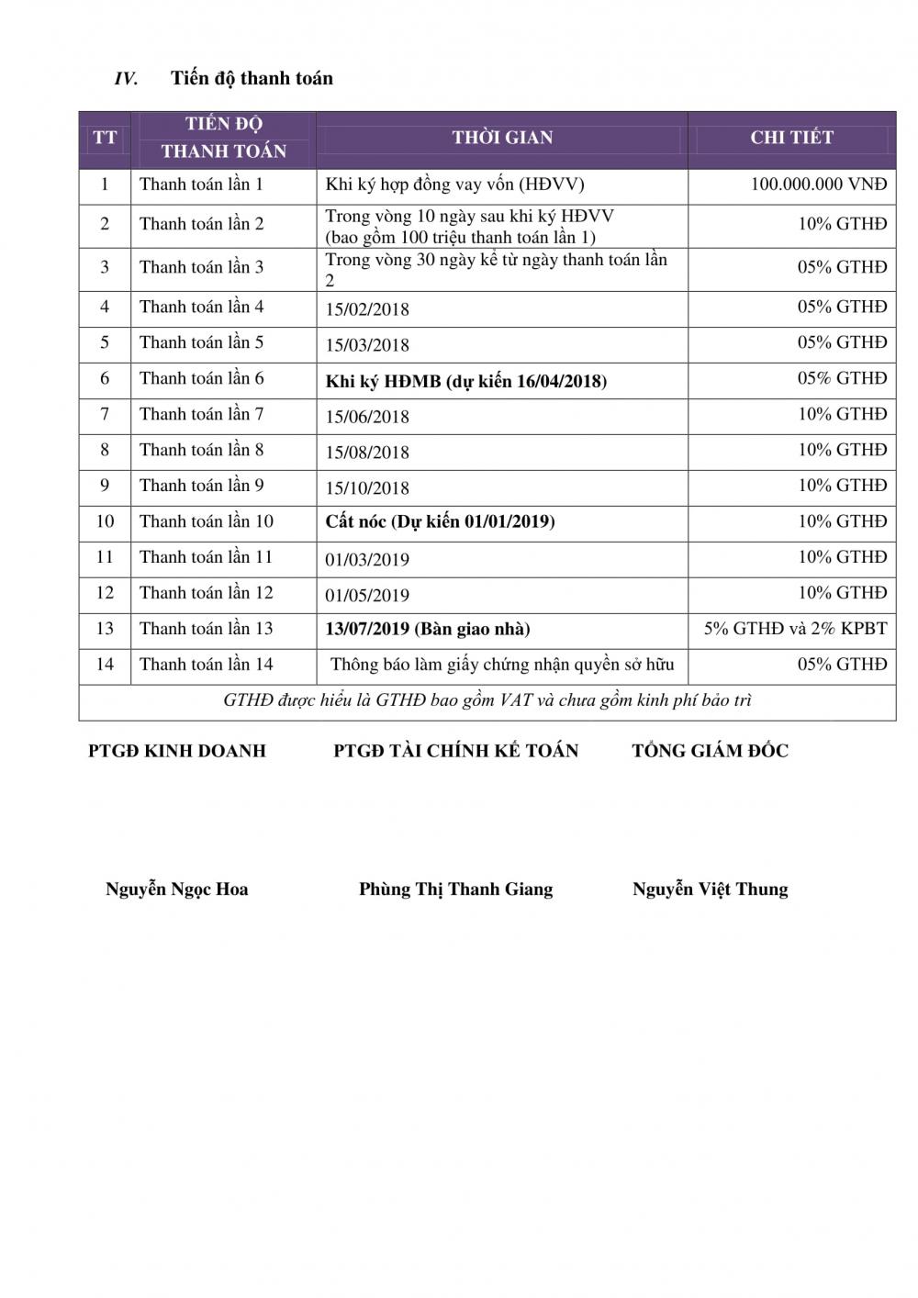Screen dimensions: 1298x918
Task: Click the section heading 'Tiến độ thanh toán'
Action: point(252,78)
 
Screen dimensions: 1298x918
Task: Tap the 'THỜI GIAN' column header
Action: point(502,138)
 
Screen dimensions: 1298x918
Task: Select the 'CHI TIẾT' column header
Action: point(791,138)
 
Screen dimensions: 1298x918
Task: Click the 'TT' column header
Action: point(105,138)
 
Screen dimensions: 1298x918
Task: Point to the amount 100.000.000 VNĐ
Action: point(819,185)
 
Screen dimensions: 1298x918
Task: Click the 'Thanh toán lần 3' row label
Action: point(201,267)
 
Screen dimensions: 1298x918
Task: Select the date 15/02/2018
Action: point(367,309)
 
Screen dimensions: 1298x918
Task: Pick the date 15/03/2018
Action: point(367,345)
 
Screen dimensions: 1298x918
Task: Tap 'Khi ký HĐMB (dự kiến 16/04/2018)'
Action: point(465,381)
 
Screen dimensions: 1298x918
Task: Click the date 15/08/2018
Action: point(367,453)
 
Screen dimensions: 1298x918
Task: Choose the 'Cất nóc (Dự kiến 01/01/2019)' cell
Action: point(440,521)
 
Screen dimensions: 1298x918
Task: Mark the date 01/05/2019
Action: point(367,596)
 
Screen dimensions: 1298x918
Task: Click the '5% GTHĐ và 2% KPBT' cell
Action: point(795,629)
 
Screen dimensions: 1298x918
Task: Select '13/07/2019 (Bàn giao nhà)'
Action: point(427,629)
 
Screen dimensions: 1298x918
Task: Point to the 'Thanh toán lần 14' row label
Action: point(206,665)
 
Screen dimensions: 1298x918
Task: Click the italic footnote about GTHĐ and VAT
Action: point(487,700)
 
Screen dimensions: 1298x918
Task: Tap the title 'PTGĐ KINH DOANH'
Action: point(177,751)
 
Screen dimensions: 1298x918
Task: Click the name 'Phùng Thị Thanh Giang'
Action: point(455,889)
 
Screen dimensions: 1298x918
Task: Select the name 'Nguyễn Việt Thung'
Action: point(710,889)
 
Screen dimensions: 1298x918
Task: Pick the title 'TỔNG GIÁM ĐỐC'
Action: point(710,751)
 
